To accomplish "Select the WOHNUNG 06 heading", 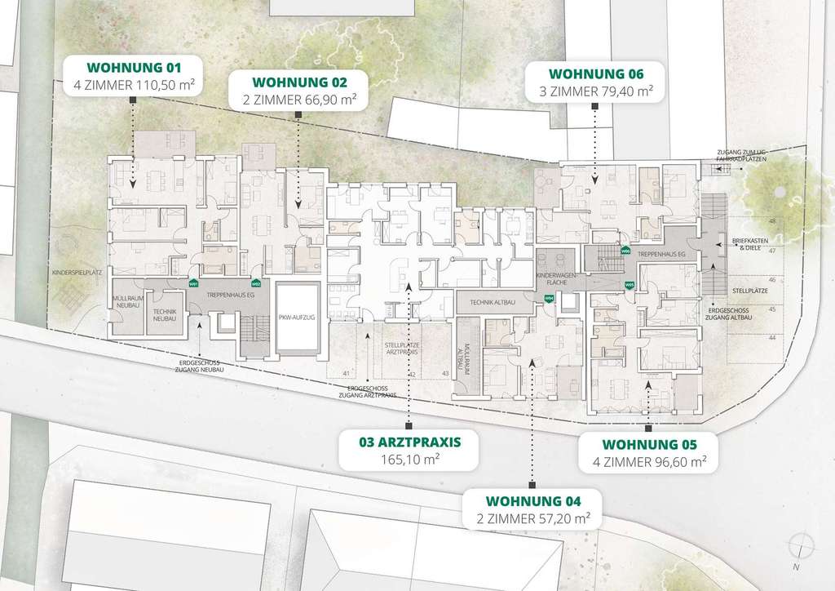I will (x=592, y=73).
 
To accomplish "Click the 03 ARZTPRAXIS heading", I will (x=409, y=443).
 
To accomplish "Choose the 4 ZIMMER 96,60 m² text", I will (x=650, y=462).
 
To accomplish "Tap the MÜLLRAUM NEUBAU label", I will (x=128, y=301).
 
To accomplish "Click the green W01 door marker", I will (x=193, y=283).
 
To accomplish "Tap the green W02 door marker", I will (x=256, y=283).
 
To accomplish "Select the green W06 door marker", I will (x=625, y=251).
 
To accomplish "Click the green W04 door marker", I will (x=549, y=299).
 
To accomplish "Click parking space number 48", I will (x=771, y=222).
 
